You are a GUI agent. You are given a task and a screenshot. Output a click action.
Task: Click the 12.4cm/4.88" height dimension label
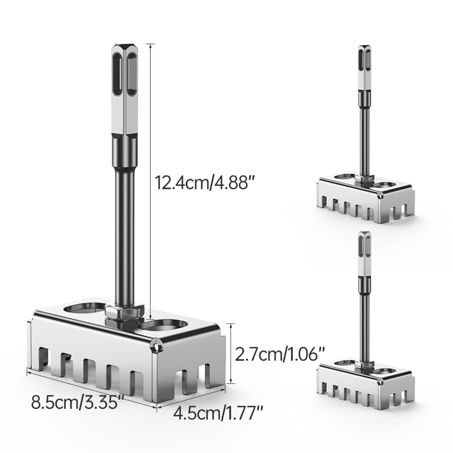[x=203, y=183]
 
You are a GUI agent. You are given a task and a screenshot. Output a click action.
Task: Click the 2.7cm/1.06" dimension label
[x=280, y=354]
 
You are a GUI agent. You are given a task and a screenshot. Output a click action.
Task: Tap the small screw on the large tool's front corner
[x=157, y=346]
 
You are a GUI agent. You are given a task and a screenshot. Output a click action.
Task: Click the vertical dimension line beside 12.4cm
[x=150, y=181]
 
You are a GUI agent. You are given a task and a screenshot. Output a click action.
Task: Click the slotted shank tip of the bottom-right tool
[x=364, y=254]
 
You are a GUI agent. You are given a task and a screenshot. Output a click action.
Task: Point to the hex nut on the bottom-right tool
[x=364, y=365]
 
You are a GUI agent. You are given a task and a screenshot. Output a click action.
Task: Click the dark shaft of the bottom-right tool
[x=364, y=326]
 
